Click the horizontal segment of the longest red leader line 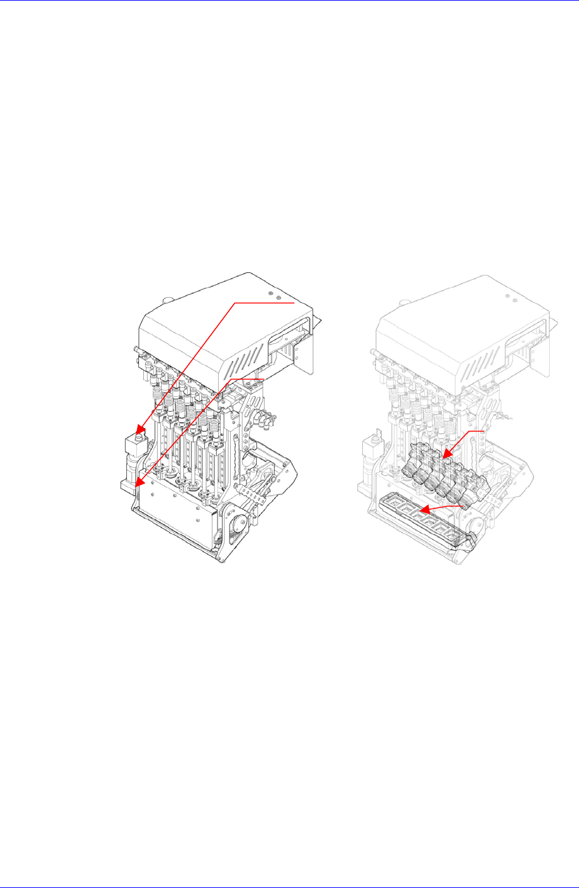click(265, 303)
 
